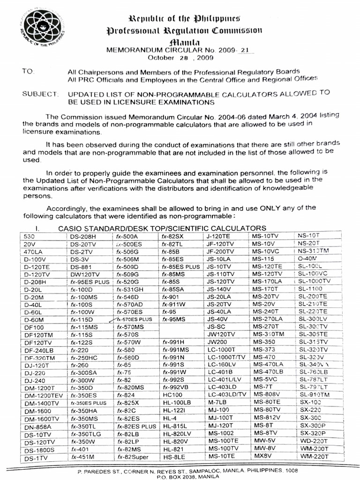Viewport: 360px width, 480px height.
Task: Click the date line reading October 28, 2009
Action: pyautogui.click(x=180, y=58)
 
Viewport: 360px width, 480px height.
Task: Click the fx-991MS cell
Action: pyautogui.click(x=175, y=349)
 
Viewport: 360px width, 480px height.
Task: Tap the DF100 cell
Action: pyautogui.click(x=33, y=327)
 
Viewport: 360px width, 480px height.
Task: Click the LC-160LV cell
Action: pyautogui.click(x=222, y=364)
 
